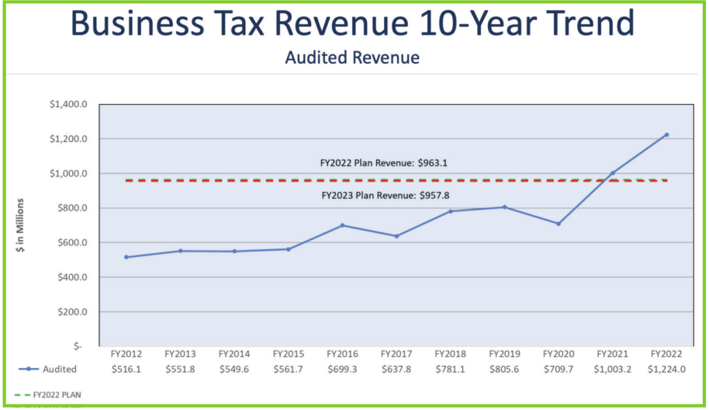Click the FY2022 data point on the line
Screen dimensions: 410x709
pos(666,135)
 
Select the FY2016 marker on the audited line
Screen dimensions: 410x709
pos(341,225)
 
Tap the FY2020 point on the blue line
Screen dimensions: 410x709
pos(558,224)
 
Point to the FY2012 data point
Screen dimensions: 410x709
pos(126,257)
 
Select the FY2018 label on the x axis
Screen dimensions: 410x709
pos(450,353)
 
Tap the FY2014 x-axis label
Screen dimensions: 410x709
pos(233,353)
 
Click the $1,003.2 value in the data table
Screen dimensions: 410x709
pos(612,370)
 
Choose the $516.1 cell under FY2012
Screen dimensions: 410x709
pos(126,370)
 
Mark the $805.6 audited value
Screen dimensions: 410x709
pos(504,370)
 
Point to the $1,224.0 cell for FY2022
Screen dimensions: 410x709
pos(666,370)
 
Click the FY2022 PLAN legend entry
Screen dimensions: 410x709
pos(55,394)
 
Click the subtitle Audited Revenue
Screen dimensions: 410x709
pos(352,57)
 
